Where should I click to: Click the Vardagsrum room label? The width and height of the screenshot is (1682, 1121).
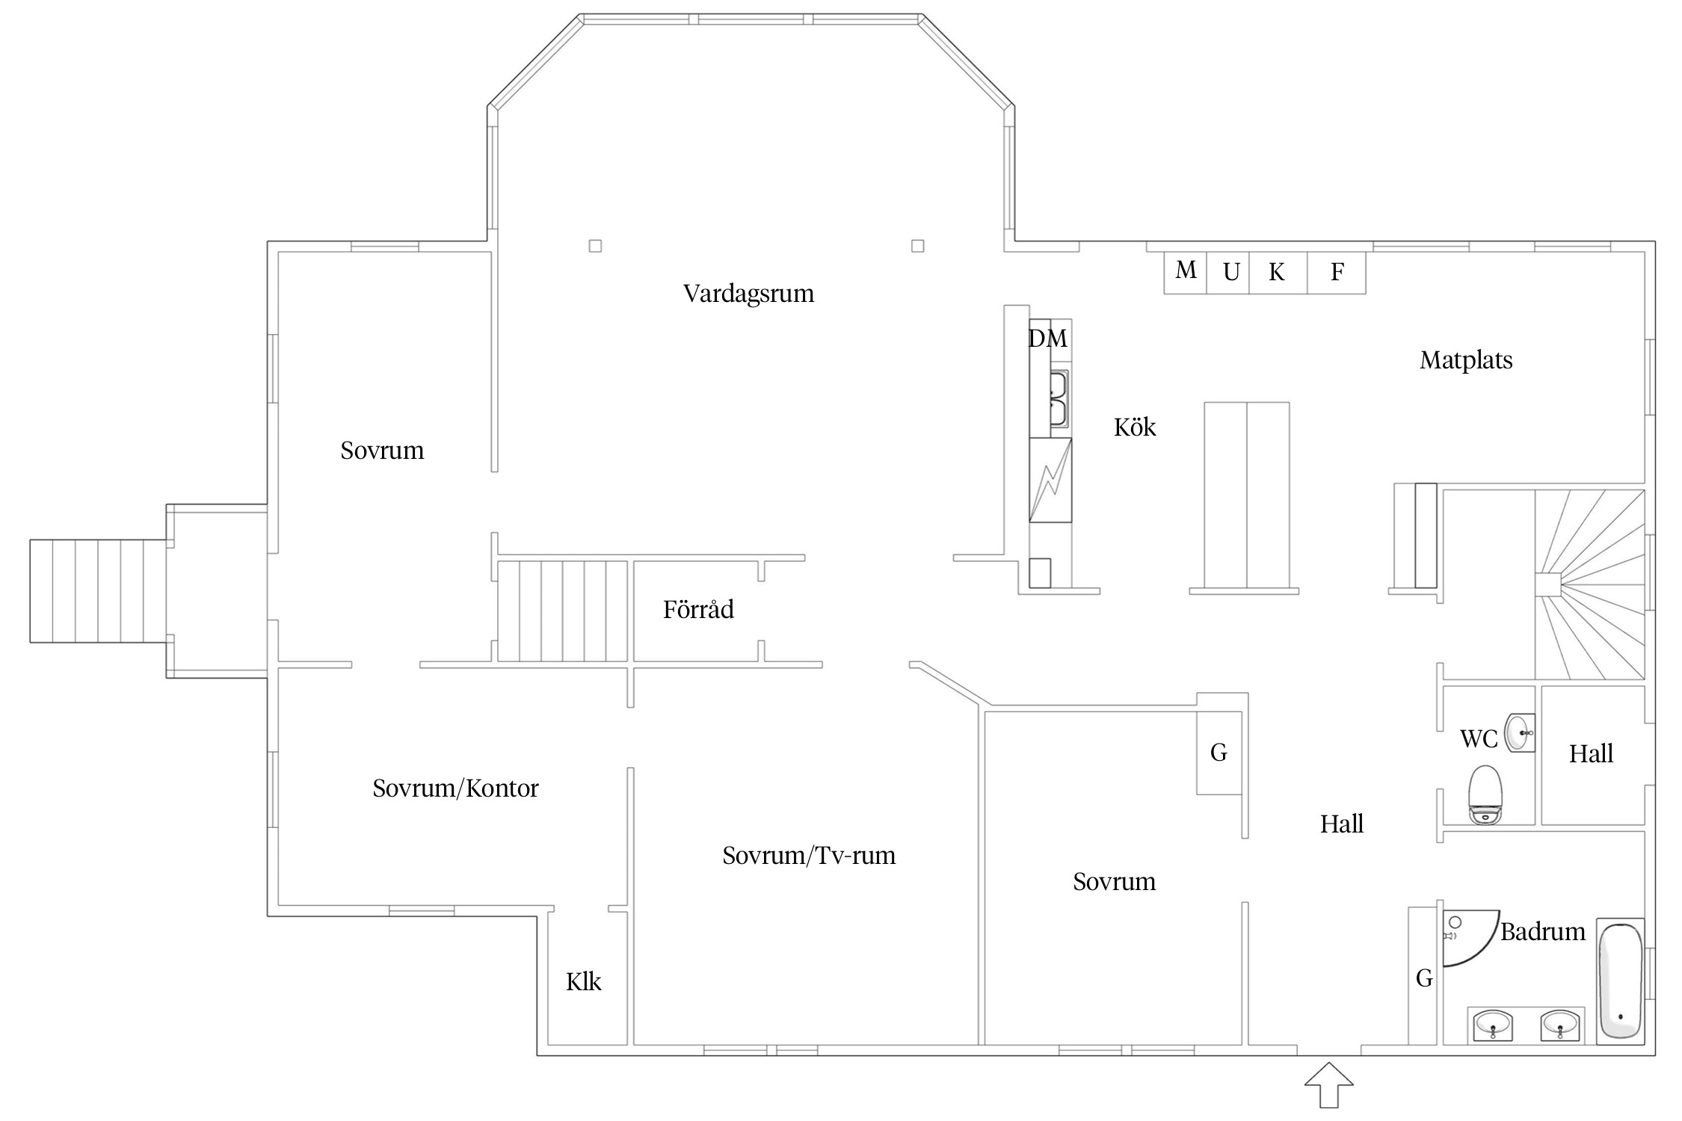(748, 294)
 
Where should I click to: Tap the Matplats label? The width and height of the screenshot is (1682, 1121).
(1466, 361)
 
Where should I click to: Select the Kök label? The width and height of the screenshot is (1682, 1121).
(1135, 427)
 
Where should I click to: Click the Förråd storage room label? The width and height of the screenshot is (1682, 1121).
(698, 609)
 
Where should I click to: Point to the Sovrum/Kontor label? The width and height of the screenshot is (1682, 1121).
(456, 788)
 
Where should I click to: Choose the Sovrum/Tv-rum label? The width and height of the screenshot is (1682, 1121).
(809, 856)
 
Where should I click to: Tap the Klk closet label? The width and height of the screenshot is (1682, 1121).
(584, 981)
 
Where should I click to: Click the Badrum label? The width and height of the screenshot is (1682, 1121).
(1543, 932)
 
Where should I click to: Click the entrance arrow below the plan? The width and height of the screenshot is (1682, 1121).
(1329, 1084)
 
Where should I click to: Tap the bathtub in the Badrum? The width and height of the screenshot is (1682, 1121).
(1621, 981)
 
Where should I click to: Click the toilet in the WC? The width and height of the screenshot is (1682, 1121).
(1485, 794)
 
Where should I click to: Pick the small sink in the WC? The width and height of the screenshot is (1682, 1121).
(1519, 733)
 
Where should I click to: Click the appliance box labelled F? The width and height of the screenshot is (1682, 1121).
(1337, 272)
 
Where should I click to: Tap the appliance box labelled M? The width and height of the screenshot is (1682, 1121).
(1186, 272)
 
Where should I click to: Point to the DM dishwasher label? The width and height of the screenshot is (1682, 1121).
(1048, 339)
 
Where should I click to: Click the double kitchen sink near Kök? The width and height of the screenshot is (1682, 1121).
(1059, 399)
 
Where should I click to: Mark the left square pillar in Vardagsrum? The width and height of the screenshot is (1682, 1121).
(595, 246)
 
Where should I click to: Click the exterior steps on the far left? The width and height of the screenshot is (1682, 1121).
(98, 590)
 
